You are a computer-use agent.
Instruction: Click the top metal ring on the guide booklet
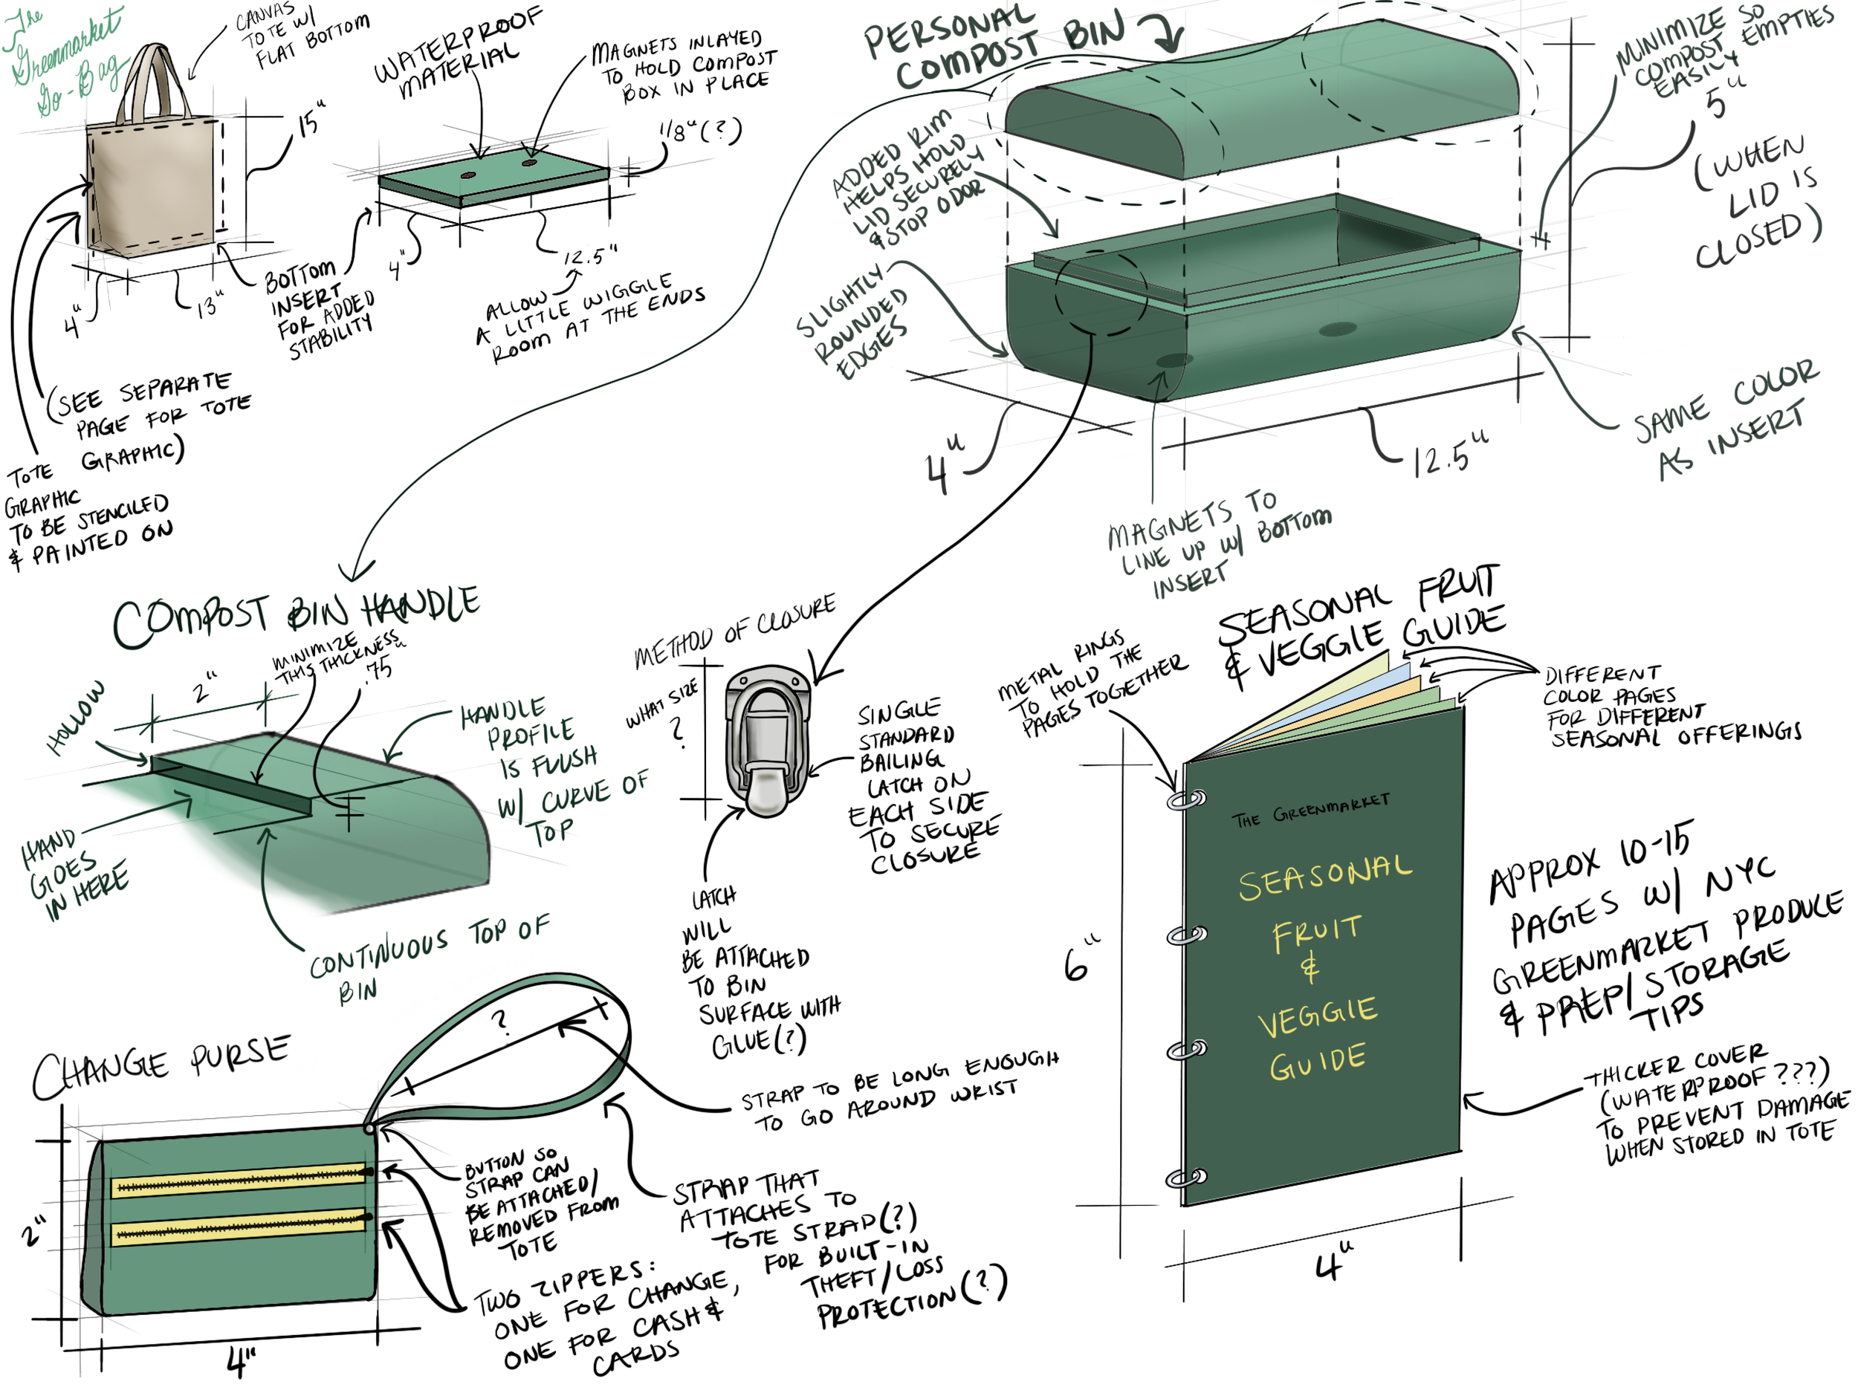[x=1186, y=799]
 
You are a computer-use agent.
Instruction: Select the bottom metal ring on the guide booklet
[x=1186, y=1178]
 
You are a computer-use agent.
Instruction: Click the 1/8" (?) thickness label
[x=699, y=131]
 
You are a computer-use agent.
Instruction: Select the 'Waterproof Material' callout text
[x=458, y=54]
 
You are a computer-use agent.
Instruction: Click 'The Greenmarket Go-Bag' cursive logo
[x=63, y=59]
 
